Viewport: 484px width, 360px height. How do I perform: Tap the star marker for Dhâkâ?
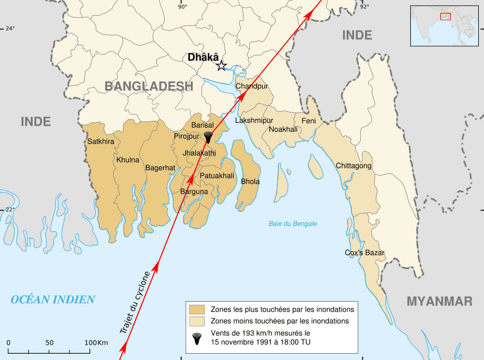[x=221, y=66]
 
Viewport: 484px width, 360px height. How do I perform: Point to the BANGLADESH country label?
[x=149, y=86]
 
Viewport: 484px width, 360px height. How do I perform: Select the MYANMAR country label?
[x=439, y=301]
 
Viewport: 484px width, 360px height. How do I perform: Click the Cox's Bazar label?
[x=364, y=253]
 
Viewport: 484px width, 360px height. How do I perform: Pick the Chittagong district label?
[x=354, y=166]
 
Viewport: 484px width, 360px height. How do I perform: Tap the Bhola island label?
[x=250, y=182]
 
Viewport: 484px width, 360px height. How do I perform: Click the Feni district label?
[x=308, y=121]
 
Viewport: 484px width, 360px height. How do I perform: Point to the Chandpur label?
[x=251, y=86]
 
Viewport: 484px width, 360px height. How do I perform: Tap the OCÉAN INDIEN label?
[x=53, y=300]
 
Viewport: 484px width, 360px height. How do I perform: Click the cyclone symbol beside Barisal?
[x=209, y=137]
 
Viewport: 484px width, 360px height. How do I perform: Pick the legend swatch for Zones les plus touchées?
[x=198, y=310]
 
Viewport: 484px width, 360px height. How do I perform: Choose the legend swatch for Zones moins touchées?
[x=198, y=321]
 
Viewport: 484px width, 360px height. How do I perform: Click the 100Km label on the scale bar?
[x=96, y=343]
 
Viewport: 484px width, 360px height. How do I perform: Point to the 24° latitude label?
[x=10, y=28]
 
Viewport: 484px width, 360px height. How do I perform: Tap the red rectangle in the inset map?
[x=445, y=16]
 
